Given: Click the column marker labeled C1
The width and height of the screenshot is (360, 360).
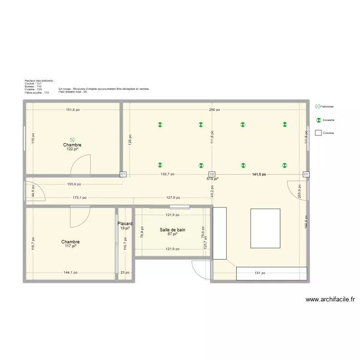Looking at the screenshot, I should [123, 175].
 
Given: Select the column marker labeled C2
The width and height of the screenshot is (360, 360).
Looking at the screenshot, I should [212, 175].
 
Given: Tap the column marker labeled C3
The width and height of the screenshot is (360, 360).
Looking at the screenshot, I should [306, 175].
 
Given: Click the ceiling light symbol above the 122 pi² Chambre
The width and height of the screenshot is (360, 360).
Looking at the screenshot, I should [72, 137].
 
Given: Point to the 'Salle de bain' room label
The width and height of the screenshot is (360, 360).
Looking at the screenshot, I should [172, 230].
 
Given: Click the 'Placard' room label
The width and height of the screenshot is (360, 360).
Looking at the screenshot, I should [125, 224].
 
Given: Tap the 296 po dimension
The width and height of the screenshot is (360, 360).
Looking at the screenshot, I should [215, 109].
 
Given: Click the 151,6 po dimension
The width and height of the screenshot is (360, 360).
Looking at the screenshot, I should [73, 109].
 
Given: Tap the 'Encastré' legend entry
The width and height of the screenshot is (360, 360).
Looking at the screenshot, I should [329, 120].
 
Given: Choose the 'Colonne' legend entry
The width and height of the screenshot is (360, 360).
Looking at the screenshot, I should [328, 133].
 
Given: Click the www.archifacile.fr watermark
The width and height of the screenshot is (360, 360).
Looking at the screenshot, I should [330, 299].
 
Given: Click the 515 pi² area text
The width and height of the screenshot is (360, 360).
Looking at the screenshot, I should [212, 179].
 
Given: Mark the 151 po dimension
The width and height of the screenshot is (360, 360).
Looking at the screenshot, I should [260, 273].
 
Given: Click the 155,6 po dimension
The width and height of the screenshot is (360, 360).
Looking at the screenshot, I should [74, 184].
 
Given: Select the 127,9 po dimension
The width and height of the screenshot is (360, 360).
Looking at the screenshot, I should [174, 197].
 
